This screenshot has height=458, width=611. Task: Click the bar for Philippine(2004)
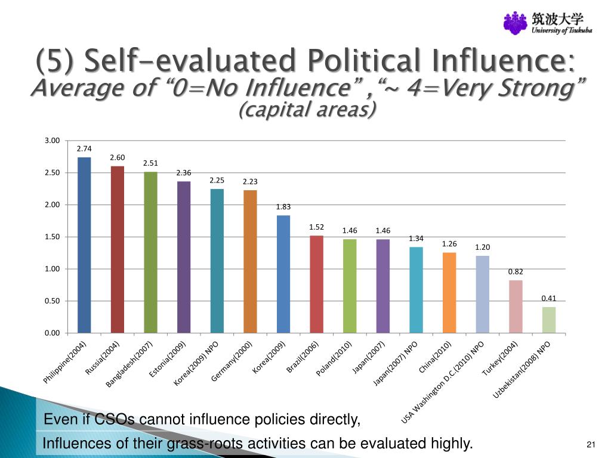coord(84,245)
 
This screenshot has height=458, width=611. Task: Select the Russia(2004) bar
coord(118,249)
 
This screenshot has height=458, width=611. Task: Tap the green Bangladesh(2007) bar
coord(151,252)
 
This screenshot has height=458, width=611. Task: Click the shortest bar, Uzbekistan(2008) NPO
coord(548,320)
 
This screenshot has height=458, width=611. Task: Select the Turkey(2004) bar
coord(516,307)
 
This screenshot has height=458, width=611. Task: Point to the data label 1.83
coord(283,207)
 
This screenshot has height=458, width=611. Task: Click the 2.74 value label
coord(84,148)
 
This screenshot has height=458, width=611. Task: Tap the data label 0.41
coord(548,298)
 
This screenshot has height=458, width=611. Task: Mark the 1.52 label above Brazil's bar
coord(316,227)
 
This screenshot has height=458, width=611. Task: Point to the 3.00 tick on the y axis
coord(53,141)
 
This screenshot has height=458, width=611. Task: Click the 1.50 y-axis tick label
coord(53,237)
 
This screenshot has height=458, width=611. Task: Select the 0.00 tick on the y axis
coord(53,333)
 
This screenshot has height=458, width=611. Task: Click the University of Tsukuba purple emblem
coord(515,23)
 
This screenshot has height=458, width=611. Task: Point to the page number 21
coord(591,444)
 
